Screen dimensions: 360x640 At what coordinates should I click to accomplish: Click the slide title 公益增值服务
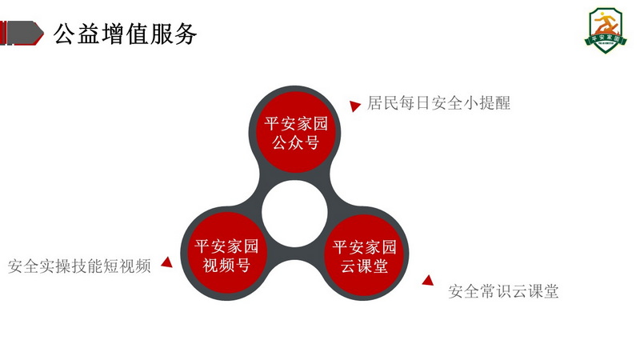[125, 33]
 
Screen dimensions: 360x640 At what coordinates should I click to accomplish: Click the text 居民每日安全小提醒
[439, 102]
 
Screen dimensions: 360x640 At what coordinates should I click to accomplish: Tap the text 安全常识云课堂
[503, 291]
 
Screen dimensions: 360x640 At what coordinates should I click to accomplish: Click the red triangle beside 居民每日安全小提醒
[354, 105]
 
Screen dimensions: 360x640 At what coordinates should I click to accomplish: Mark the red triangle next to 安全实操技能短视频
[167, 261]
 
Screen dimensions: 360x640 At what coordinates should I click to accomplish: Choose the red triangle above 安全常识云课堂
[429, 281]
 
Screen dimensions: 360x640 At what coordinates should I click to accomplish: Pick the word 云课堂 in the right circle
[365, 266]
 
